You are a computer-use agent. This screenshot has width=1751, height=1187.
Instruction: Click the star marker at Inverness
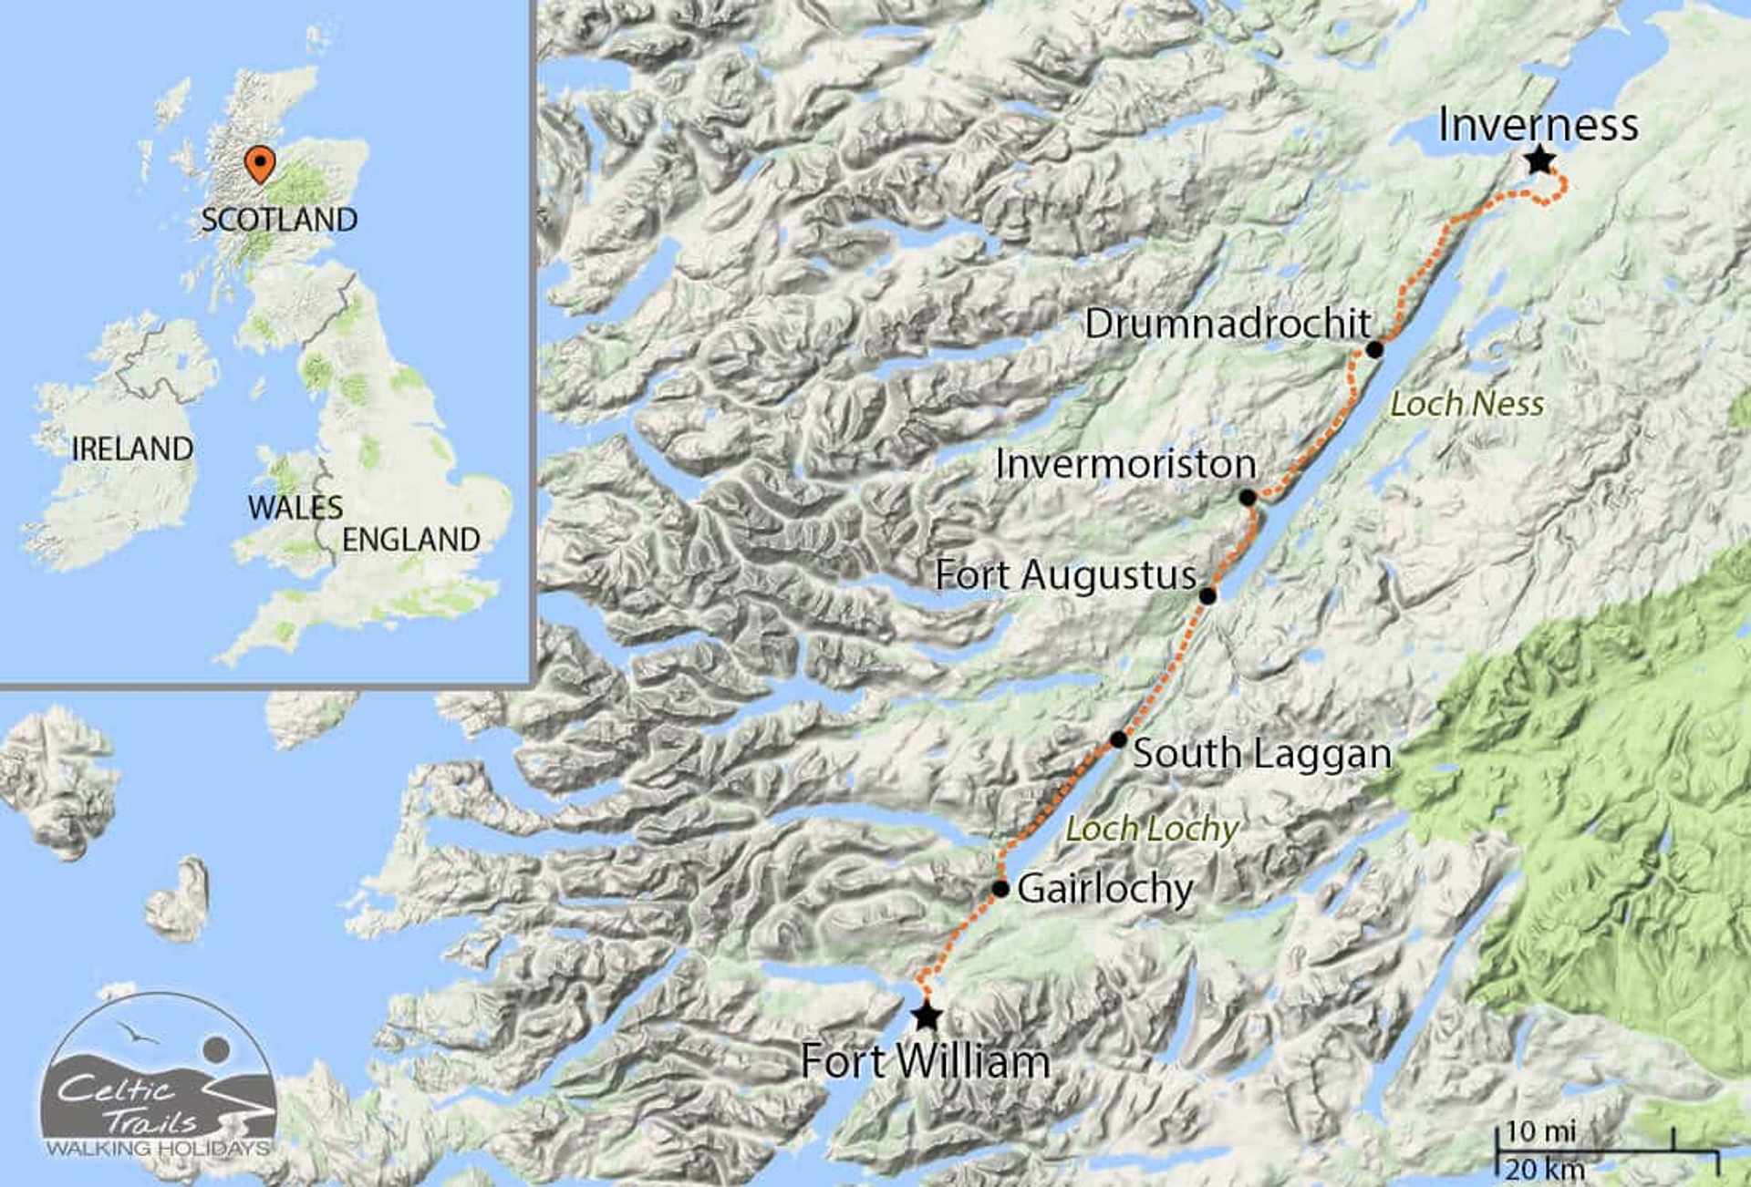1539,161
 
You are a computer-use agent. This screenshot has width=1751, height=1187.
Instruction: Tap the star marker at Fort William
927,1015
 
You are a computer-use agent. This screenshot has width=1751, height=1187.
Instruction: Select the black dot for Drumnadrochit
1374,349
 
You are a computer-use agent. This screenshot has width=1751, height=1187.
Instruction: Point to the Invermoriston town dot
1248,498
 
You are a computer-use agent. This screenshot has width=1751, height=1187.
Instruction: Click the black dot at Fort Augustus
1207,596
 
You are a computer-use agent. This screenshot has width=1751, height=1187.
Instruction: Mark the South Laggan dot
1118,739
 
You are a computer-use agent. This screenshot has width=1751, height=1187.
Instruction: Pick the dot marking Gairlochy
1000,888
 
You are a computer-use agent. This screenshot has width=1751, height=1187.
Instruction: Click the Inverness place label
1538,125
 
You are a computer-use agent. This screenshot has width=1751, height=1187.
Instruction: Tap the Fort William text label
925,1062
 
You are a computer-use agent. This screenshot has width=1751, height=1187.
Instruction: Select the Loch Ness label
1466,404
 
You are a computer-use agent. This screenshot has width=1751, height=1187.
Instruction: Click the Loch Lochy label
1152,829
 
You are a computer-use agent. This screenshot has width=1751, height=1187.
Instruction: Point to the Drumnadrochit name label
1228,324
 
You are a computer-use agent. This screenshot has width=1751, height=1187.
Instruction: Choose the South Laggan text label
1262,754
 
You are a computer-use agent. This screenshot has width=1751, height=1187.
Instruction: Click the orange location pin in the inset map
261,164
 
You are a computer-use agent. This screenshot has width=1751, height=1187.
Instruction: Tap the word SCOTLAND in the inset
279,220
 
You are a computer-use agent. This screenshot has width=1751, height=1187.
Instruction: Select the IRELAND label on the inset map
132,449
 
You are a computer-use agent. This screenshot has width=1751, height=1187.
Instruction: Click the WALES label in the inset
295,507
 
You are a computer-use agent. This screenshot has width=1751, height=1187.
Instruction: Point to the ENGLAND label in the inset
411,540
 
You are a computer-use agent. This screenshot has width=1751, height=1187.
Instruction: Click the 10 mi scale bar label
1540,1131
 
